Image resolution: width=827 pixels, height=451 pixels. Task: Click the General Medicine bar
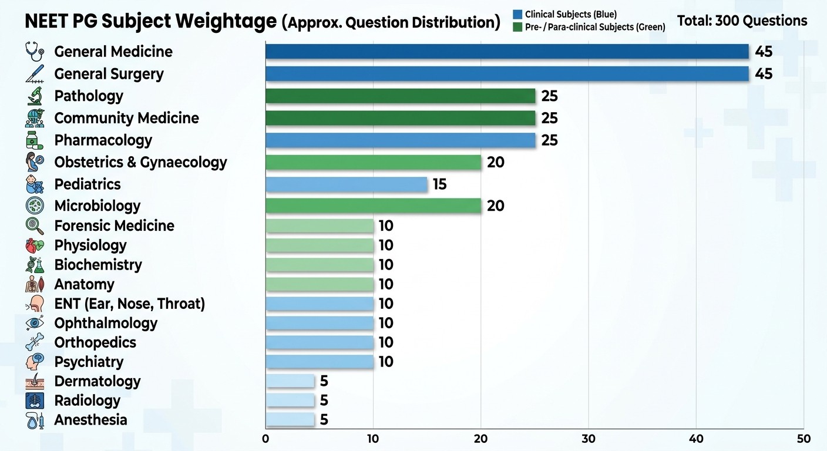point(507,52)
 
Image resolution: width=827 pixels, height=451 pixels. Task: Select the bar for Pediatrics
point(347,184)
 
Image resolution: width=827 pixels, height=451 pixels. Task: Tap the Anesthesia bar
point(290,420)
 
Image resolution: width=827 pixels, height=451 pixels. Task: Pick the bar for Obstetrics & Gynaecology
point(374,162)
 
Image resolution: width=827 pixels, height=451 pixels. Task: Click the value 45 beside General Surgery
point(764,74)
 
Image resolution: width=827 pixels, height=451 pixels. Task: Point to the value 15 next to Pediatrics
point(439,184)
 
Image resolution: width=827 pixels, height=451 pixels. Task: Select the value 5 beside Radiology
point(324,400)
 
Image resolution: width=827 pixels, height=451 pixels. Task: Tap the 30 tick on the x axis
point(589,439)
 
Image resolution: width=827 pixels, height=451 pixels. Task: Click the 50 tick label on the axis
point(804,439)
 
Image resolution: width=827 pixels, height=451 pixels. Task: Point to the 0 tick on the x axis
point(265,439)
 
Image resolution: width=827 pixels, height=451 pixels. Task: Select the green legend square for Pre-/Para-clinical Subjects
point(517,26)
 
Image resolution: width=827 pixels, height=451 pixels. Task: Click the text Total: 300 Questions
point(742,21)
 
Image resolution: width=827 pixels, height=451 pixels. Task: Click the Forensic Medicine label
point(114,226)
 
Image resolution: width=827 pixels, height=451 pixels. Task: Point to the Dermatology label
point(98,381)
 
